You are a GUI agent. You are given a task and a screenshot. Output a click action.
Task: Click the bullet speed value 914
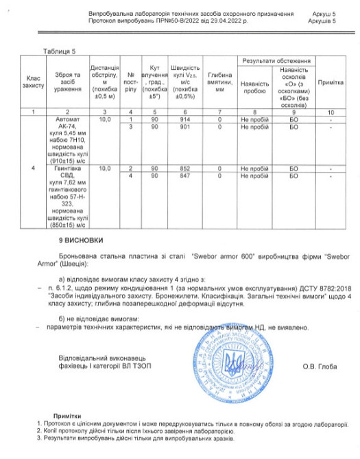click(185, 119)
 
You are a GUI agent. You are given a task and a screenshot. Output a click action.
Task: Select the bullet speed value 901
click(185, 127)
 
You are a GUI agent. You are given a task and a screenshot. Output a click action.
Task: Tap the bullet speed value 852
click(185, 168)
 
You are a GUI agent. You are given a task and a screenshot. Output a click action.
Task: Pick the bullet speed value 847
click(185, 175)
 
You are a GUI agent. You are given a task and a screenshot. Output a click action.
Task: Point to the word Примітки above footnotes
click(69, 416)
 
